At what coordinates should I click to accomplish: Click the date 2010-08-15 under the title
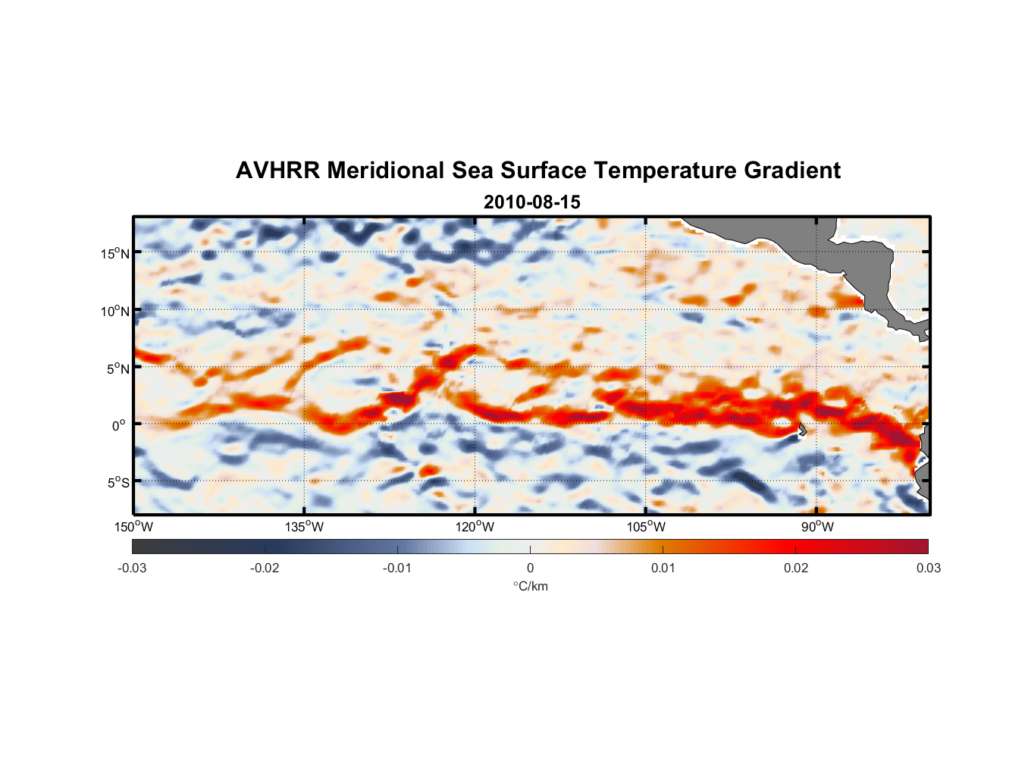[x=531, y=202]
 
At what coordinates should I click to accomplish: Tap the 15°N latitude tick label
[x=115, y=253]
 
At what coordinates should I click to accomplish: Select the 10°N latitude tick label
[x=115, y=311]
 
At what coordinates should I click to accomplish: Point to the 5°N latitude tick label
[x=118, y=368]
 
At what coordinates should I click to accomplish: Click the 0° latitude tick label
[x=119, y=426]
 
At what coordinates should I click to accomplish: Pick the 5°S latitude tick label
[x=118, y=483]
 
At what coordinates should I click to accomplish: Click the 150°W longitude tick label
[x=133, y=527]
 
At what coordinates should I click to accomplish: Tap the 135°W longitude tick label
[x=304, y=527]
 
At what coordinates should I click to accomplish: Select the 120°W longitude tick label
[x=475, y=527]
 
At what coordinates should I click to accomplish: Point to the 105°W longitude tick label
[x=646, y=527]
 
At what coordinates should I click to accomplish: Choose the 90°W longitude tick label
[x=817, y=527]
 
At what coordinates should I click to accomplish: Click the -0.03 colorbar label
[x=132, y=568]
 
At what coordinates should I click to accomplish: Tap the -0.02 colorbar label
[x=265, y=568]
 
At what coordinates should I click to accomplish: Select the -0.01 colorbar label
[x=397, y=568]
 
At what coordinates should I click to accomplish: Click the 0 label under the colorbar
[x=530, y=568]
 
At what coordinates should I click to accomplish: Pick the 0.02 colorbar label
[x=796, y=568]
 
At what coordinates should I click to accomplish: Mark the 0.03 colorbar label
[x=928, y=568]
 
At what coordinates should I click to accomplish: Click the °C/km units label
[x=530, y=586]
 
